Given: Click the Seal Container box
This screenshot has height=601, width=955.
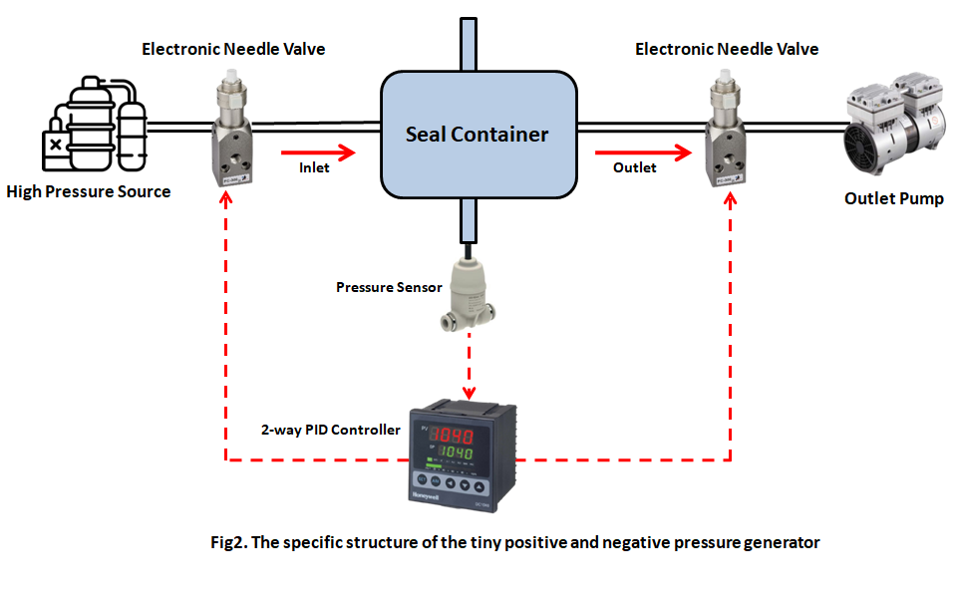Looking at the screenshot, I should (477, 135).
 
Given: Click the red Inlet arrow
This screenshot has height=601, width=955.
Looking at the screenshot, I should (318, 152).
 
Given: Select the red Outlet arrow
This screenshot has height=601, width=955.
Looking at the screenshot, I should (643, 152).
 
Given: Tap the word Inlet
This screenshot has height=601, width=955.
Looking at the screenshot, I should (315, 168).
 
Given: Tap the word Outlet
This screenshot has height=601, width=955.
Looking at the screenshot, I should (634, 168).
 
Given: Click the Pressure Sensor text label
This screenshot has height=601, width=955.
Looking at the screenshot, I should (389, 287).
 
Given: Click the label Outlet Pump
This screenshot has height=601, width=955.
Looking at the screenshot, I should (893, 199).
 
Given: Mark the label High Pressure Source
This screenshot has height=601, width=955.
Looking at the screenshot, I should (89, 191).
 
